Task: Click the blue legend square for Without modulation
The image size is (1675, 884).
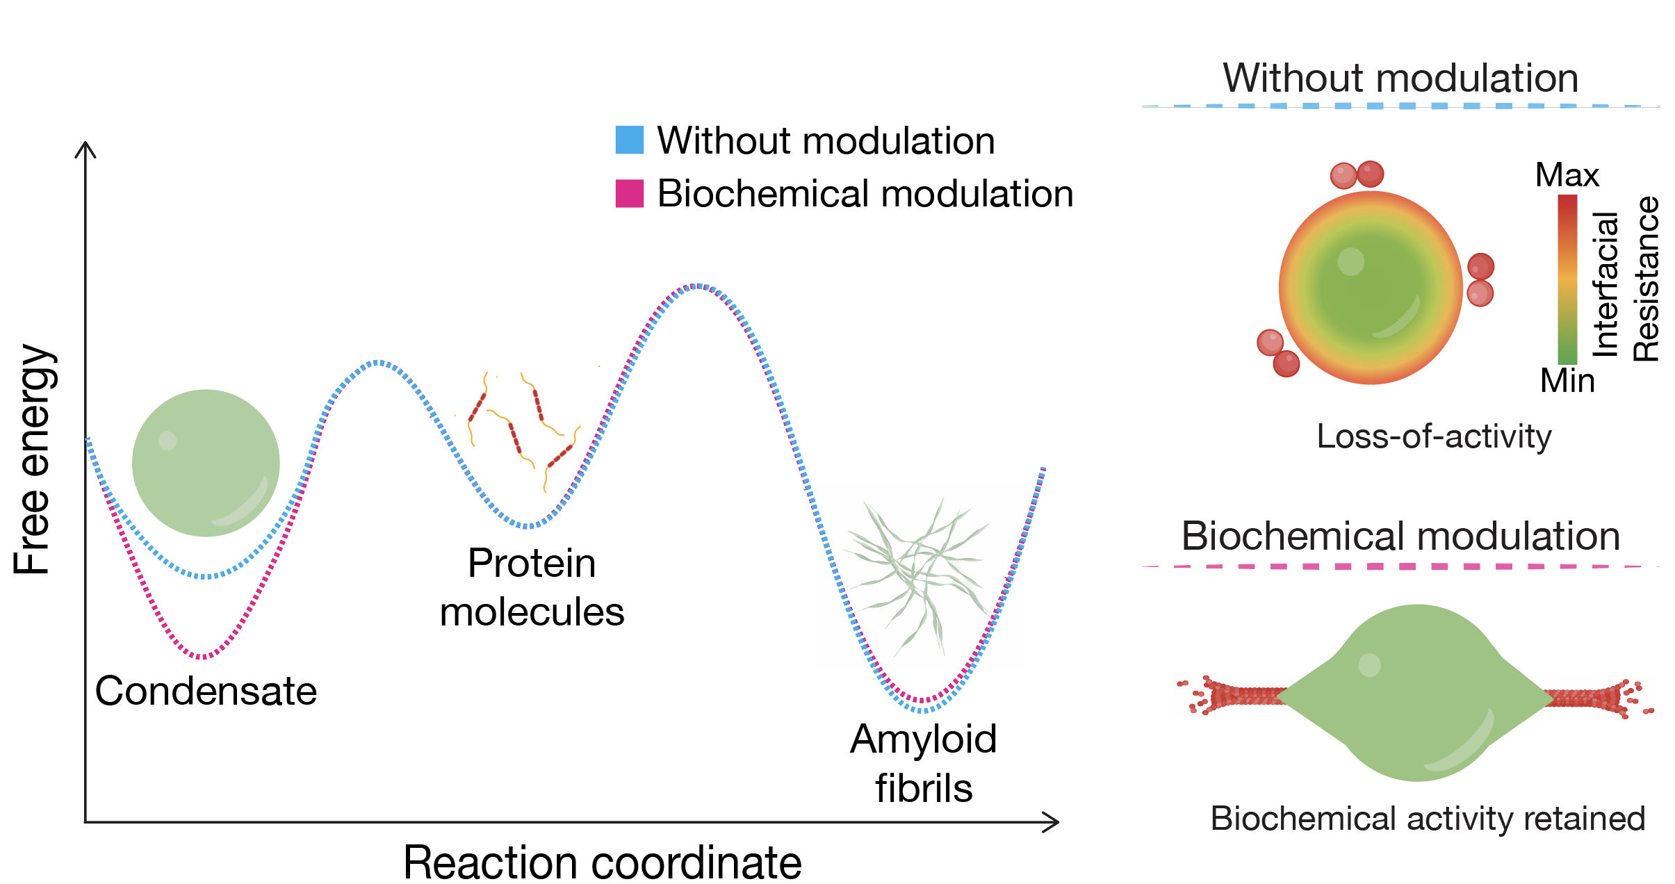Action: coord(629,140)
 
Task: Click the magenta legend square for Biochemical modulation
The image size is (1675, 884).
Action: coord(629,193)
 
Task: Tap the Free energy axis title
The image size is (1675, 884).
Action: coord(33,459)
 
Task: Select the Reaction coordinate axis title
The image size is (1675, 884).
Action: coord(602,862)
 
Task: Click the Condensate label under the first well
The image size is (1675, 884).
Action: coord(206,691)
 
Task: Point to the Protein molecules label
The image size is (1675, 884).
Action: coord(532,587)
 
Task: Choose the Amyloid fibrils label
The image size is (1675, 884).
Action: coord(923,763)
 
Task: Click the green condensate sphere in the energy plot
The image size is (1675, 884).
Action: coord(206,463)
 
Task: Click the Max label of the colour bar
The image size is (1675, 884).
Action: coord(1567,175)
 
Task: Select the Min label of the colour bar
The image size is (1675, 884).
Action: coord(1567,381)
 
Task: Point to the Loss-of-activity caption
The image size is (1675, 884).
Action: coord(1434,436)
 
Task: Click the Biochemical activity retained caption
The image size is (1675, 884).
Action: coord(1428,819)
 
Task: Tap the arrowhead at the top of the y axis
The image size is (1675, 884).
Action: coord(85,147)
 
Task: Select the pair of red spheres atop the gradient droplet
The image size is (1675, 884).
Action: coord(1357,174)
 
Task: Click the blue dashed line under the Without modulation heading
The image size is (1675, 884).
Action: coord(1400,106)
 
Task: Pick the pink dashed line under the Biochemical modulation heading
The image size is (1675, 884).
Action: coord(1400,566)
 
